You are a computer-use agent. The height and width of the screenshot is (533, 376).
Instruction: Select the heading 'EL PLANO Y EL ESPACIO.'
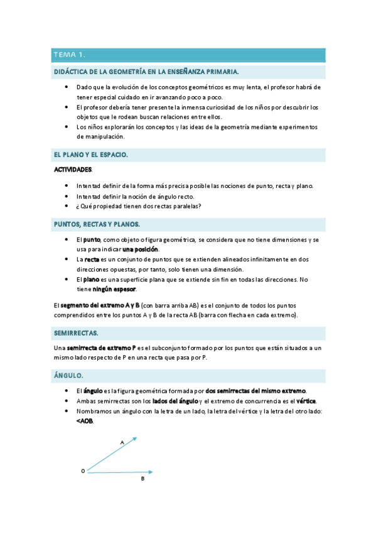click(x=91, y=154)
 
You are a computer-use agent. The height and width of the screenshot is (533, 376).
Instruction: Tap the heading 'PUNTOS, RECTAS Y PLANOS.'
click(x=97, y=224)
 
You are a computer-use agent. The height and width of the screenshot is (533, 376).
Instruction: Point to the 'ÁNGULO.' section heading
click(x=68, y=375)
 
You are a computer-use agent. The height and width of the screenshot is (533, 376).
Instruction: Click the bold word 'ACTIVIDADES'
click(x=73, y=170)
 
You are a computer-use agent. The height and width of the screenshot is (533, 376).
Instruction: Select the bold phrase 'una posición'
click(x=149, y=250)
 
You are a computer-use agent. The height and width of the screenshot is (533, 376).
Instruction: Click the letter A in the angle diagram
click(x=122, y=442)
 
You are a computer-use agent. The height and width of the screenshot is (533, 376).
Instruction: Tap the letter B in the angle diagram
click(x=142, y=479)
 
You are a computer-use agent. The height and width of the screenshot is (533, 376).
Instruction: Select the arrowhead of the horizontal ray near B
click(x=151, y=471)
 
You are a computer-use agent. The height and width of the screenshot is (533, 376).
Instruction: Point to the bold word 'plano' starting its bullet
click(x=92, y=279)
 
